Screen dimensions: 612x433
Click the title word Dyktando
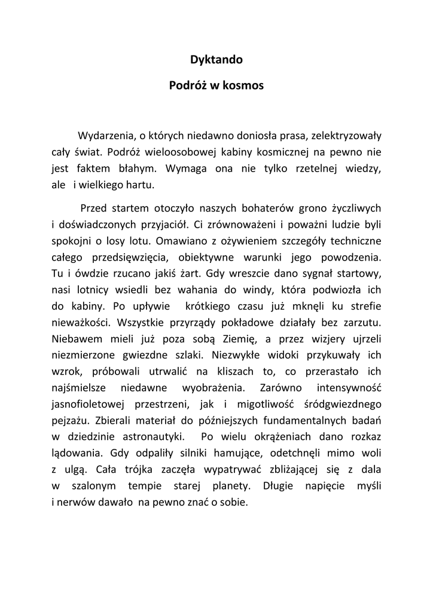pyautogui.click(x=216, y=60)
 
